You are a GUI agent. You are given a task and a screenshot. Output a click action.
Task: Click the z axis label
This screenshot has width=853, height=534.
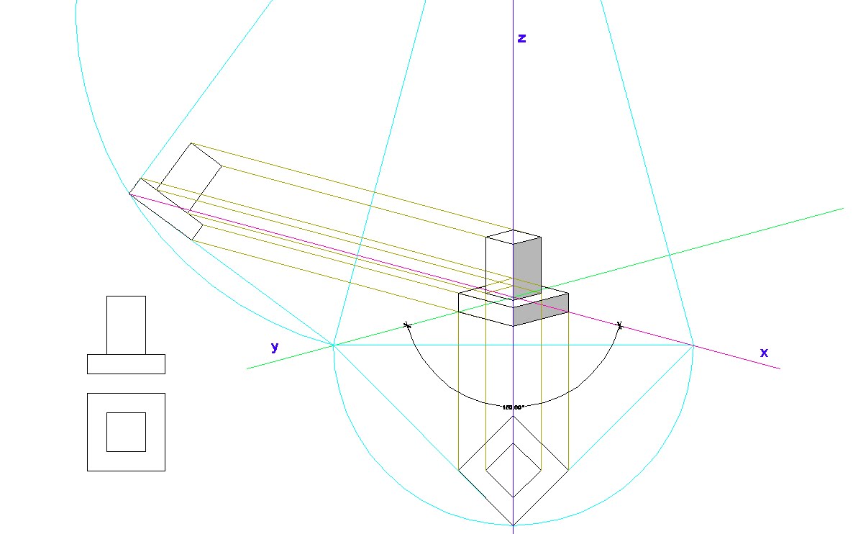pyautogui.click(x=522, y=39)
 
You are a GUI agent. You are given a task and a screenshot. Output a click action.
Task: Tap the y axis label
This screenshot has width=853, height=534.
pyautogui.click(x=274, y=347)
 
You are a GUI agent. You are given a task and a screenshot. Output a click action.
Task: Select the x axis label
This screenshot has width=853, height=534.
pyautogui.click(x=764, y=353)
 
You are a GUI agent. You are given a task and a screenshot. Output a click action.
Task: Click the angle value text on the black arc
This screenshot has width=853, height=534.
pyautogui.click(x=513, y=407)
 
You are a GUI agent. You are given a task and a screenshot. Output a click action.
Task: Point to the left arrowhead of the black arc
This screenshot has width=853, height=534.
pyautogui.click(x=408, y=326)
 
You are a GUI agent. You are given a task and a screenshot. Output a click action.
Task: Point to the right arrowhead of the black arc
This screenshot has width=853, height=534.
pyautogui.click(x=619, y=325)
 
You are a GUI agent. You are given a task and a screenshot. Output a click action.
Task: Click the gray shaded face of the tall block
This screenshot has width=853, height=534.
pyautogui.click(x=526, y=266)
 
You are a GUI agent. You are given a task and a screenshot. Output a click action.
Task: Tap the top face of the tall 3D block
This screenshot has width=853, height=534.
pyautogui.click(x=513, y=237)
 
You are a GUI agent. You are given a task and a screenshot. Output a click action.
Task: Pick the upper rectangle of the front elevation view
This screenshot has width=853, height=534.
pyautogui.click(x=126, y=325)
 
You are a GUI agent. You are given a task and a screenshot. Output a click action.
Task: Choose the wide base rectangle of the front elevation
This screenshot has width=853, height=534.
pyautogui.click(x=126, y=363)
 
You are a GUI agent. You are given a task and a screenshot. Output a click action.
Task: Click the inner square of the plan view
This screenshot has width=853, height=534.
pyautogui.click(x=126, y=432)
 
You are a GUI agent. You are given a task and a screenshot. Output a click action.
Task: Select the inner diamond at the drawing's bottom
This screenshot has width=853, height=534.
pyautogui.click(x=513, y=469)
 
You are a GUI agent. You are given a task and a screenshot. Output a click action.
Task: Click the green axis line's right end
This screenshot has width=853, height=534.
pyautogui.click(x=842, y=209)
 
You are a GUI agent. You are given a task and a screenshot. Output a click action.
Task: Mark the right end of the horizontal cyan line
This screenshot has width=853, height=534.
pyautogui.click(x=693, y=345)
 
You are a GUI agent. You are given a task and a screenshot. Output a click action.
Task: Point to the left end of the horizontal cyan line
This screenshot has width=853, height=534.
pyautogui.click(x=334, y=345)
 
